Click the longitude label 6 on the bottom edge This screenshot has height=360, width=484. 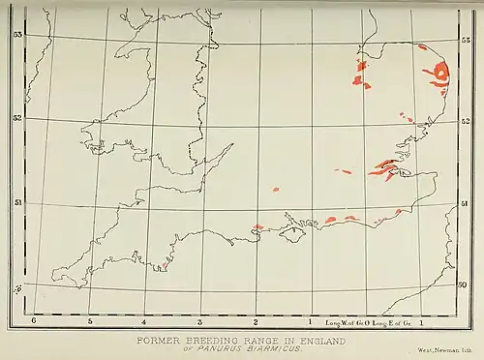(x=34, y=319)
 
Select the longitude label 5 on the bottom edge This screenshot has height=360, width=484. (x=89, y=319)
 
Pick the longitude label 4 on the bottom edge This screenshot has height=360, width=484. (x=144, y=319)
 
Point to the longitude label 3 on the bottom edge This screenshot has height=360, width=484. (x=200, y=319)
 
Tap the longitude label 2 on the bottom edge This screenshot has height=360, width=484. (x=256, y=319)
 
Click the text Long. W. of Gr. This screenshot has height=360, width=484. (x=345, y=319)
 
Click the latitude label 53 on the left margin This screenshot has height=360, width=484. (x=17, y=34)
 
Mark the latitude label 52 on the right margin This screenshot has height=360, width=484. (x=467, y=120)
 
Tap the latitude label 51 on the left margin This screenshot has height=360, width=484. (x=17, y=204)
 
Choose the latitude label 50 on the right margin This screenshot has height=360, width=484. (x=462, y=285)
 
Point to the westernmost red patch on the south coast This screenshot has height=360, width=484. (x=257, y=227)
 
